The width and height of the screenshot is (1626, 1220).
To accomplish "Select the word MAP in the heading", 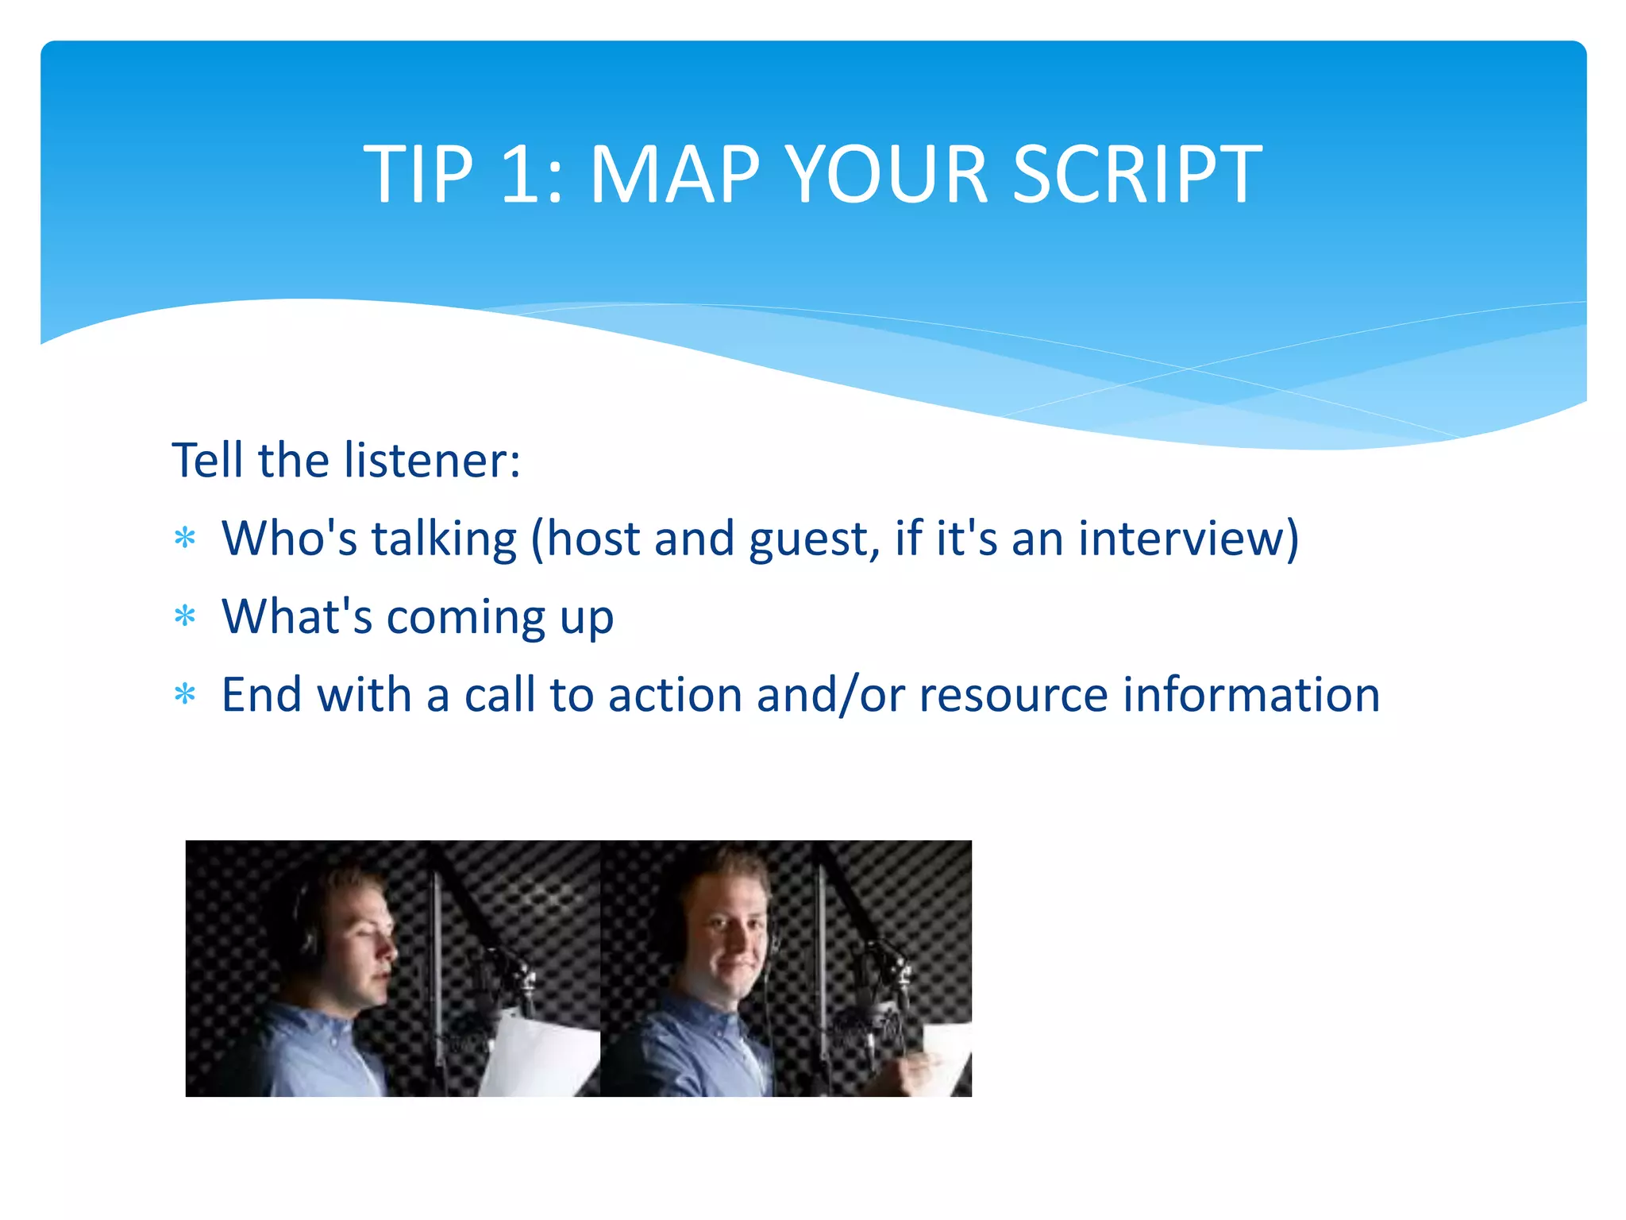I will point(674,175).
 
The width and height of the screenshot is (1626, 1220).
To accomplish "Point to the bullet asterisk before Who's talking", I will point(185,539).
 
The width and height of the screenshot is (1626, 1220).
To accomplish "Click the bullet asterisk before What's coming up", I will point(185,616).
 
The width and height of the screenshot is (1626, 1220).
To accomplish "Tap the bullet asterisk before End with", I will point(185,695).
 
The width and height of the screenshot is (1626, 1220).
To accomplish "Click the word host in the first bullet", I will point(594,539).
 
